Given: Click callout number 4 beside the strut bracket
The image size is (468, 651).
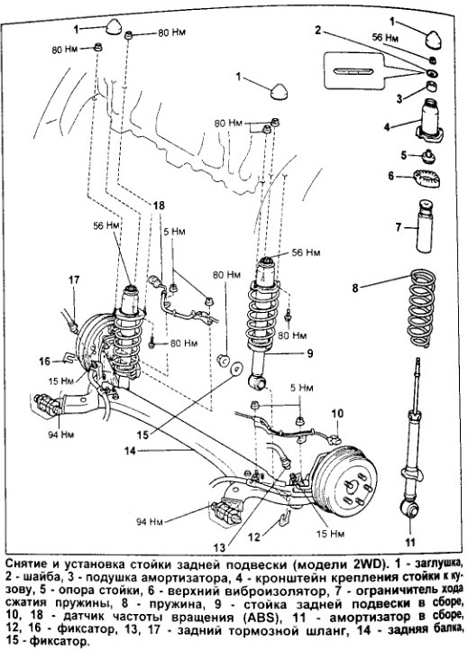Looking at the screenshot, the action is click(x=387, y=126).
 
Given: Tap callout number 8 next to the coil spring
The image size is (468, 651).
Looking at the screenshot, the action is click(x=355, y=288).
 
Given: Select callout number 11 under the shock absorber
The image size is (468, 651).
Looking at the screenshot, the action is click(x=410, y=542).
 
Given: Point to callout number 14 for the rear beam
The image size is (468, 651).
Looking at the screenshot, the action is click(x=131, y=450).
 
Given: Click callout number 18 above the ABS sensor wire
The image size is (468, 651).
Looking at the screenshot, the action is click(x=159, y=205).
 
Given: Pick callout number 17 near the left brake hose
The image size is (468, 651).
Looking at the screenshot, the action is click(x=74, y=280).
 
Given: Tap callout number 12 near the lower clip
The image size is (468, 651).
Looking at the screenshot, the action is click(x=253, y=536).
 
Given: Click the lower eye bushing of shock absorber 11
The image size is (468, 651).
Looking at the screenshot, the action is click(x=410, y=509).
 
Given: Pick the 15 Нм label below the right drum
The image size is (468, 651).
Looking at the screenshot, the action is click(x=331, y=534).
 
